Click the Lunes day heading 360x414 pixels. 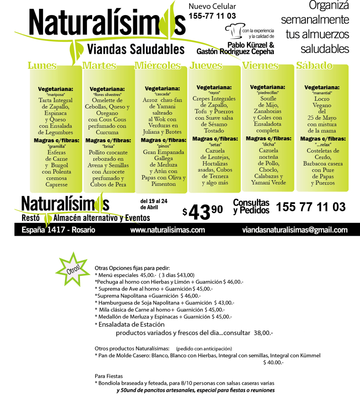click(x=42, y=65)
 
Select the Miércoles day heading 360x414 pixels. click(x=157, y=65)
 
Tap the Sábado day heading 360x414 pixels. click(x=314, y=65)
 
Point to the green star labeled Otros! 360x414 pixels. click(x=72, y=270)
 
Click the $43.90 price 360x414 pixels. click(x=203, y=211)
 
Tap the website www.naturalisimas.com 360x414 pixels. click(x=168, y=230)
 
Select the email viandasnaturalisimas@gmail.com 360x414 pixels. click(x=295, y=230)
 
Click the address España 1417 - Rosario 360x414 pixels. click(x=58, y=230)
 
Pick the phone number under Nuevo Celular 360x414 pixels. click(x=212, y=16)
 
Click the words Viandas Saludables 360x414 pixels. click(x=135, y=49)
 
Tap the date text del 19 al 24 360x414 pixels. click(x=154, y=201)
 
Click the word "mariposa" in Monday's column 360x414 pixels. click(x=56, y=94)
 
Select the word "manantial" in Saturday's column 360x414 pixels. click(x=322, y=93)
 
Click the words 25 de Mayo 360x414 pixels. click(x=322, y=118)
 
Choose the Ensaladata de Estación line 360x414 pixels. click(x=130, y=325)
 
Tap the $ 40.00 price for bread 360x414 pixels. click(x=273, y=362)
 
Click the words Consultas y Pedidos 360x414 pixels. click(x=251, y=207)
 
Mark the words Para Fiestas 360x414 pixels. click(x=109, y=376)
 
